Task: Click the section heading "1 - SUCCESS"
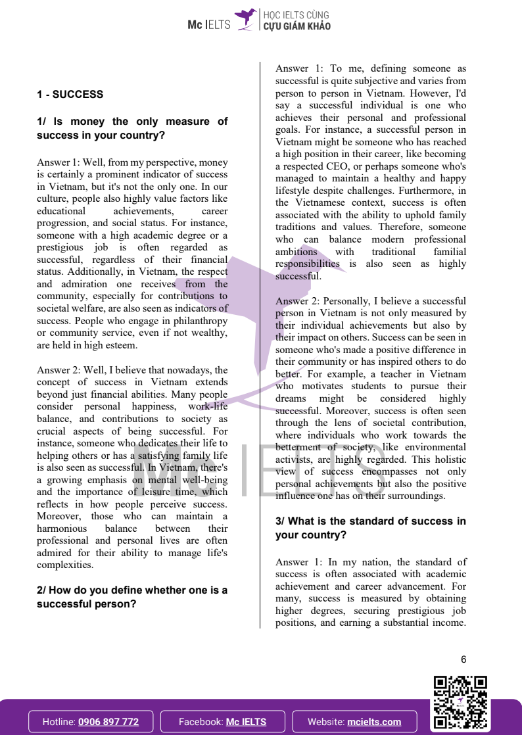point(70,95)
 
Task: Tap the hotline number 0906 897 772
point(108,721)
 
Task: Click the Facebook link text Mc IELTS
point(246,721)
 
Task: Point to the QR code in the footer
point(460,703)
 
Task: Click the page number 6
point(463,660)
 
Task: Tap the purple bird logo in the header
point(245,19)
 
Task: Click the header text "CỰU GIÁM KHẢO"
point(297,26)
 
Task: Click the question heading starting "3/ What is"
point(370,528)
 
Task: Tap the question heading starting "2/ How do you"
point(131,597)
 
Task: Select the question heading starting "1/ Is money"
point(131,128)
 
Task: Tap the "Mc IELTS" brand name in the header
point(209,25)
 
